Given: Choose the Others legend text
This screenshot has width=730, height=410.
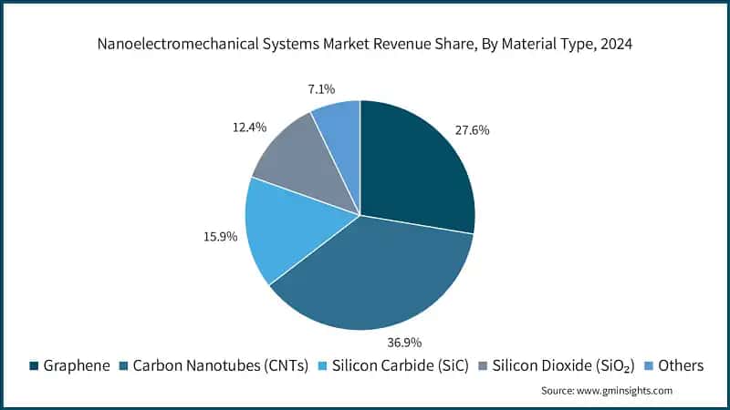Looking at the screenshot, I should click(x=681, y=365).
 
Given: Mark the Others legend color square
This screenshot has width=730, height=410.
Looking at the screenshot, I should click(x=649, y=366).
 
